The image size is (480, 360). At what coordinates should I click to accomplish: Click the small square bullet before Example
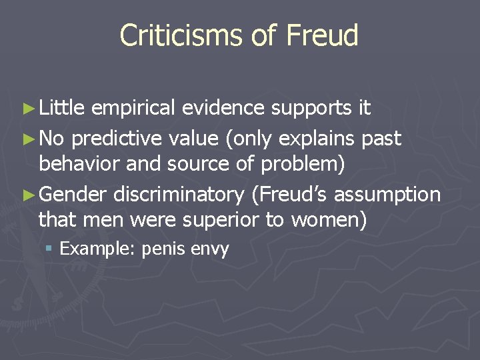pos(49,249)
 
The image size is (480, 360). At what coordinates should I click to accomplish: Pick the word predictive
pos(113,139)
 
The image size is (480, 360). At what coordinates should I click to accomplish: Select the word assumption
pos(387,196)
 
